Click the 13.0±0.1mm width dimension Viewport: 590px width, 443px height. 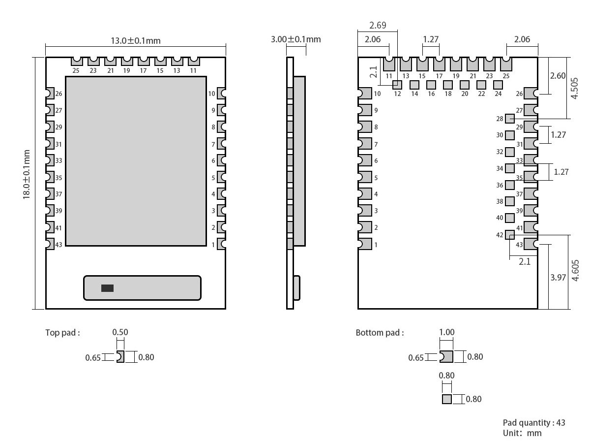pyautogui.click(x=135, y=40)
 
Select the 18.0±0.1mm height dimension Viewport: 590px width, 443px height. pyautogui.click(x=27, y=175)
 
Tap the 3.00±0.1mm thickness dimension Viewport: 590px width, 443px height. pyautogui.click(x=295, y=39)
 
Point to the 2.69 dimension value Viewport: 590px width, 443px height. pyautogui.click(x=378, y=25)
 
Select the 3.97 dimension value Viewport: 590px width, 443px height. pyautogui.click(x=558, y=278)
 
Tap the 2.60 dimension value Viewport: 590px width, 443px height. pyautogui.click(x=558, y=76)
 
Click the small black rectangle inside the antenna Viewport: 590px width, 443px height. pyautogui.click(x=107, y=288)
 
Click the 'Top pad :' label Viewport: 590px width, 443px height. pyautogui.click(x=62, y=333)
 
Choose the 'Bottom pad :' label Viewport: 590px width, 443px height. pyautogui.click(x=380, y=333)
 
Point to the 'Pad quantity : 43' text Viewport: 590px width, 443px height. pyautogui.click(x=534, y=423)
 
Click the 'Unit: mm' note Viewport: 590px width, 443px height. pyautogui.click(x=522, y=433)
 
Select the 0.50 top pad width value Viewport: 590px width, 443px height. pyautogui.click(x=120, y=332)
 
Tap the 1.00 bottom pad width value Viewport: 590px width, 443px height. pyautogui.click(x=446, y=332)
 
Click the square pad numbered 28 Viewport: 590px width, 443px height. pyautogui.click(x=510, y=119)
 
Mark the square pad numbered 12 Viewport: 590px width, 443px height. pyautogui.click(x=397, y=85)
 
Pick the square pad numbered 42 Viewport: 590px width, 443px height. pyautogui.click(x=510, y=235)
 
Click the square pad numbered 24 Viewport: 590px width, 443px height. pyautogui.click(x=498, y=85)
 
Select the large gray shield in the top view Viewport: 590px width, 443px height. pyautogui.click(x=136, y=161)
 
